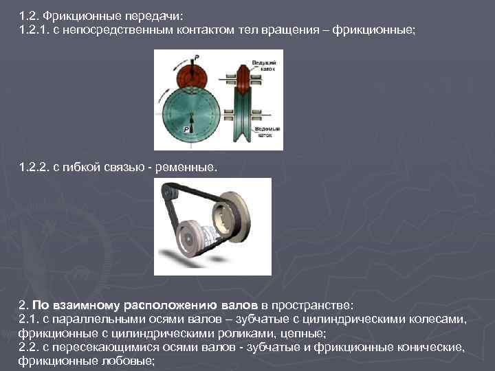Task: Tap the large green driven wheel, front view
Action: click(x=192, y=117)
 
